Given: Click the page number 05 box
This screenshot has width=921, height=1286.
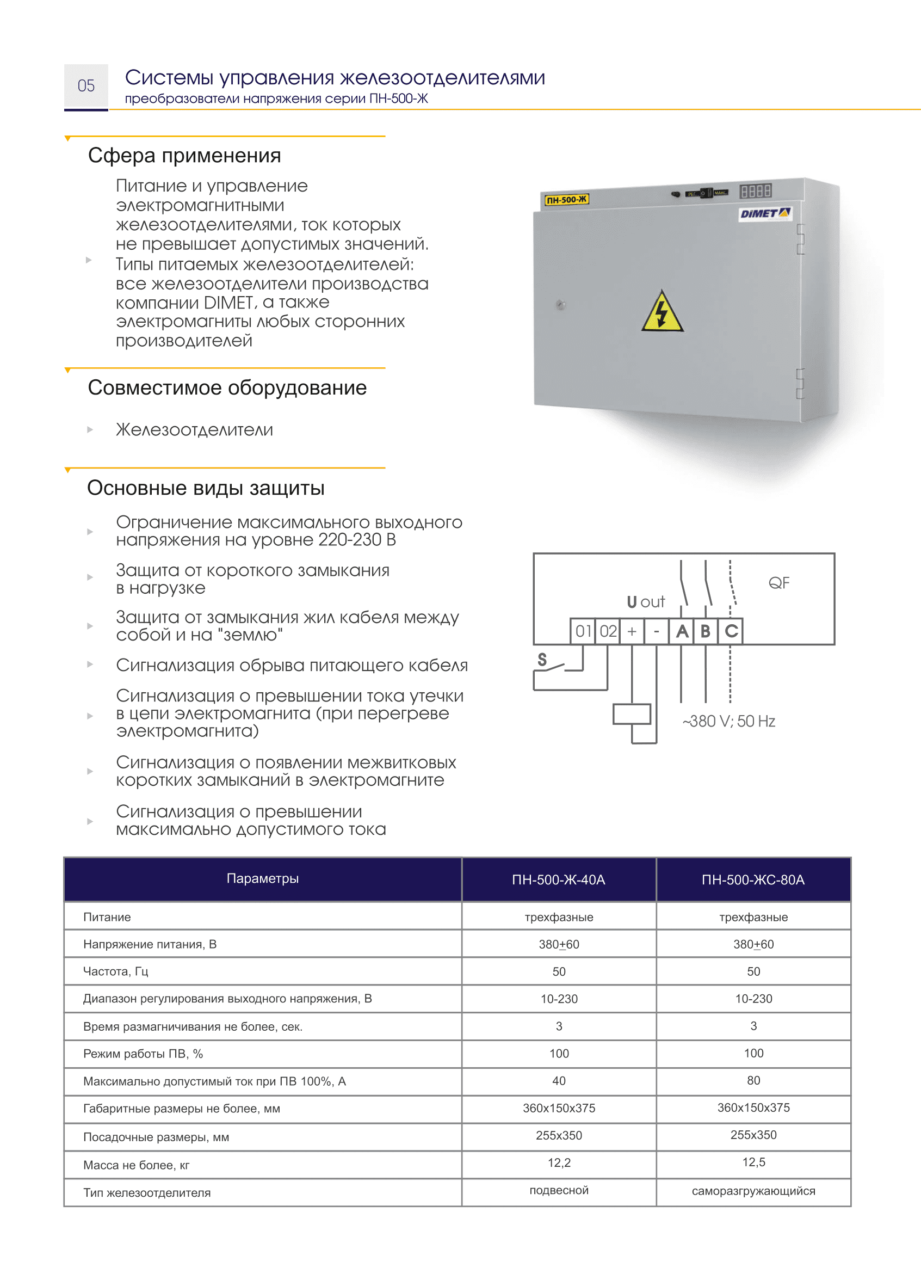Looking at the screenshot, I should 86,86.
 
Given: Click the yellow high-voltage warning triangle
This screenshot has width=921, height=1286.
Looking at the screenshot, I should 662,312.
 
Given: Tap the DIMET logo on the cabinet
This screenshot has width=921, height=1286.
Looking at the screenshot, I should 764,213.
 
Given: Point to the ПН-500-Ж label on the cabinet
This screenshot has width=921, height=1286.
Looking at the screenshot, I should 566,200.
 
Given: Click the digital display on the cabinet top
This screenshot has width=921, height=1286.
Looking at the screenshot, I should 755,190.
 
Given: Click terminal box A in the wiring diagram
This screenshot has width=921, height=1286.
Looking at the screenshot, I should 682,631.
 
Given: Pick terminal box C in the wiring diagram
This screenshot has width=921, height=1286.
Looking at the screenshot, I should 731,631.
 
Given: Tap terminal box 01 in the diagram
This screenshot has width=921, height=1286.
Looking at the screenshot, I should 583,631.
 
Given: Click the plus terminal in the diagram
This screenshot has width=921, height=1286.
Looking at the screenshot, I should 632,631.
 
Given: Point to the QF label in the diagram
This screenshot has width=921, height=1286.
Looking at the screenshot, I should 778,583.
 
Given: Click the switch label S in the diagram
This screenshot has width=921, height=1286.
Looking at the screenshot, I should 542,660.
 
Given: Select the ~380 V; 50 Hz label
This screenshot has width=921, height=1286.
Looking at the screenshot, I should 729,721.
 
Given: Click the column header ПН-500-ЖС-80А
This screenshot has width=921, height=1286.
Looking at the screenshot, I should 753,879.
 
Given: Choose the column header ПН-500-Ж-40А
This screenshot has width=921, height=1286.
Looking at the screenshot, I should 558,879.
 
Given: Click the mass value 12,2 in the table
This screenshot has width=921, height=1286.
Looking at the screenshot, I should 559,1162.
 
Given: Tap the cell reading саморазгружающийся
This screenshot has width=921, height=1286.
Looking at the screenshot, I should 753,1191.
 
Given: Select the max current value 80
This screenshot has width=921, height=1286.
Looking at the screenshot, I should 753,1080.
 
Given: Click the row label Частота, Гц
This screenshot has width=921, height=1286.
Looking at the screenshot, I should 116,971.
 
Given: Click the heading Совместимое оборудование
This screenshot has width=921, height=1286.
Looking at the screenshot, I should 227,388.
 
